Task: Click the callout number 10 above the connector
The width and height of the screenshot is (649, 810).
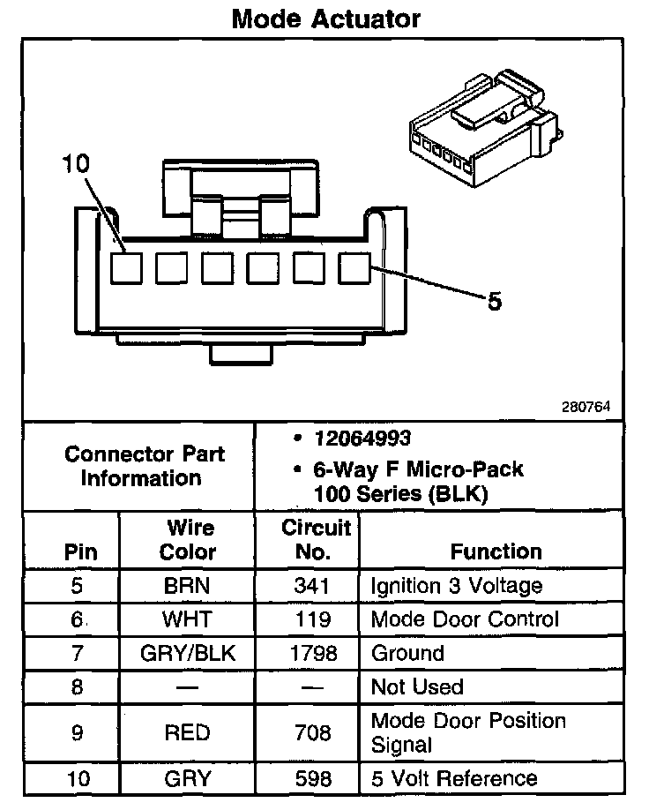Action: pos(77,163)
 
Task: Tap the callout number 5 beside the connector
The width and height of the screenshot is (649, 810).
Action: pos(495,302)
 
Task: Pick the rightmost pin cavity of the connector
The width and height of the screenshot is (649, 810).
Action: pos(353,267)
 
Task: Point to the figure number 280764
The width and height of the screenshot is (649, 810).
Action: pos(586,408)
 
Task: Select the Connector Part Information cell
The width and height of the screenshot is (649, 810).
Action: pos(144,466)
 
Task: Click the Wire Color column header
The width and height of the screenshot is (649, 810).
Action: pos(189,540)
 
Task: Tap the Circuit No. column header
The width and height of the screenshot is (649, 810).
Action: pos(317,540)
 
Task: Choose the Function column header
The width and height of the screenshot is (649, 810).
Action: pos(496,551)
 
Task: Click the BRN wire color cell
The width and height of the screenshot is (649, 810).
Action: pos(187,585)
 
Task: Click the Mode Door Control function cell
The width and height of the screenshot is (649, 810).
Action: pos(465,619)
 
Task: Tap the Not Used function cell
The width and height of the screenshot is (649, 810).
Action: pos(417,686)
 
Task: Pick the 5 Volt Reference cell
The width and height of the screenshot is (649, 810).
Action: pos(454,778)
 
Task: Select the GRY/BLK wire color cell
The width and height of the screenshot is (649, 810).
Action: pos(187,653)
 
